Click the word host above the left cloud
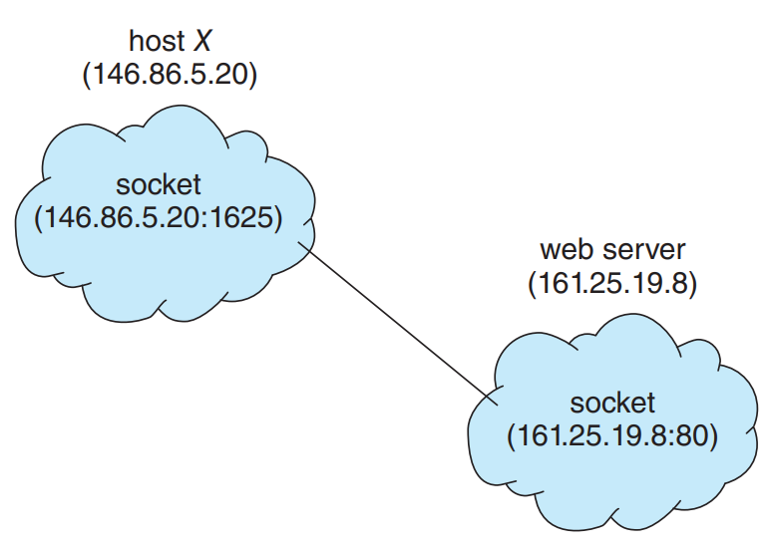157,40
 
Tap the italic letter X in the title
201,41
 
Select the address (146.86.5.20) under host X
170,75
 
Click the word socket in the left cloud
159,185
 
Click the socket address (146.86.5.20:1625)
159,217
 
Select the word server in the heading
643,251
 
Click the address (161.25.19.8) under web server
612,283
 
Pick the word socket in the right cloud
611,403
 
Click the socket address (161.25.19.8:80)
611,435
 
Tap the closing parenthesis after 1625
277,217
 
